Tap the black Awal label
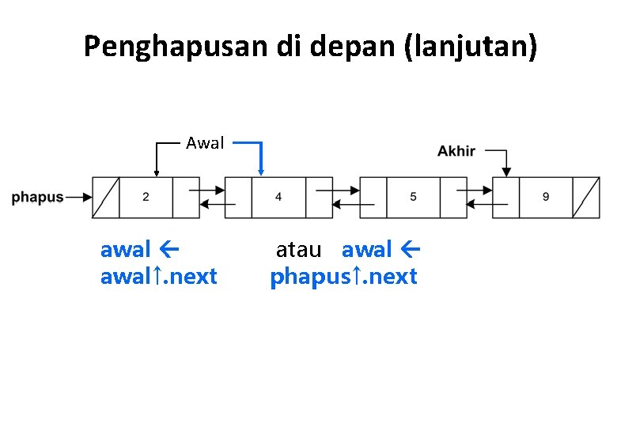click(x=205, y=143)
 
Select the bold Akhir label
click(x=456, y=150)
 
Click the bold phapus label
click(x=37, y=198)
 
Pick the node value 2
click(x=146, y=197)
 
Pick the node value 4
click(x=278, y=197)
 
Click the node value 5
click(x=413, y=197)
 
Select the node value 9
click(x=546, y=197)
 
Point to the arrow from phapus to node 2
click(x=78, y=198)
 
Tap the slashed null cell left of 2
click(x=106, y=197)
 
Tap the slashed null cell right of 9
click(x=586, y=197)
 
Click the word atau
click(x=298, y=251)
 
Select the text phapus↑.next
click(x=343, y=278)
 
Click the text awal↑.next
click(x=158, y=278)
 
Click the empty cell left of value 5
click(x=373, y=197)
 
